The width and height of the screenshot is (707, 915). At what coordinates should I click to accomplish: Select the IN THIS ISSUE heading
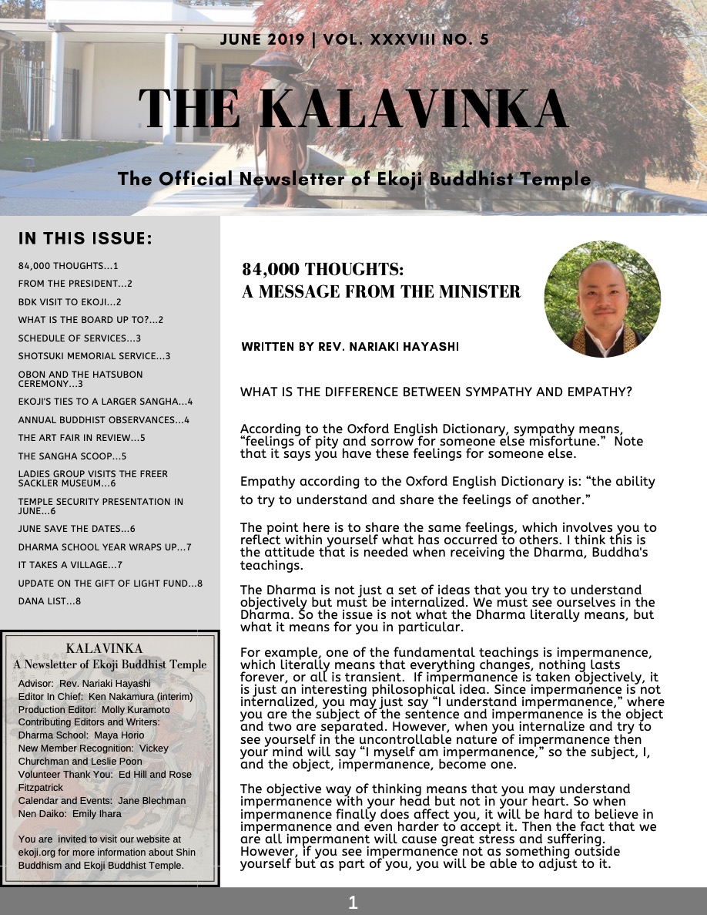click(x=85, y=238)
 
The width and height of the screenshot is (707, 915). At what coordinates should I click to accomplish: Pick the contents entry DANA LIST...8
click(x=49, y=600)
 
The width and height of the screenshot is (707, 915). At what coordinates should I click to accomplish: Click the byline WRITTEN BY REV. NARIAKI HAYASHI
click(x=350, y=347)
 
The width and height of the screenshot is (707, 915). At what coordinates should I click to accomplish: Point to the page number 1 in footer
click(x=353, y=902)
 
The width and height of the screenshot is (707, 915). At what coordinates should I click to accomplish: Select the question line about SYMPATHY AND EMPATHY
click(x=436, y=392)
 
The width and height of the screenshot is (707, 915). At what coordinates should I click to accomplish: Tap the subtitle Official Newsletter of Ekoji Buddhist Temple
click(x=354, y=180)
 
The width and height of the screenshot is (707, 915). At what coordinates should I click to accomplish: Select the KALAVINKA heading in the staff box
click(x=110, y=650)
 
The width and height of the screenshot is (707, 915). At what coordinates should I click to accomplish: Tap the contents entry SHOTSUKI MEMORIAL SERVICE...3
click(x=94, y=356)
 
